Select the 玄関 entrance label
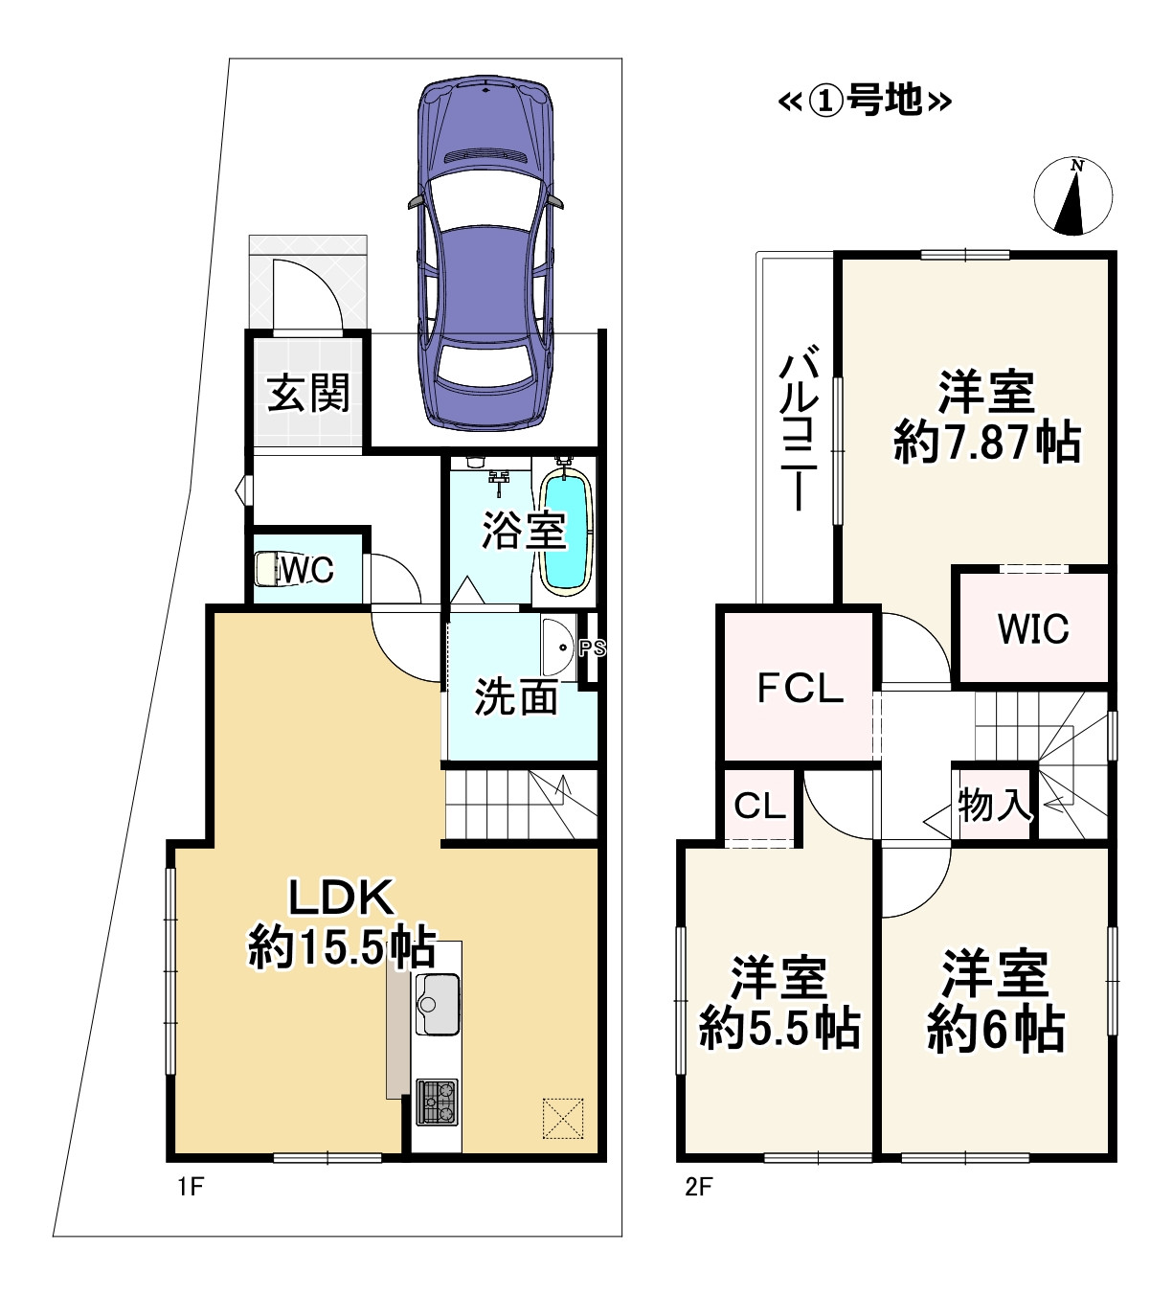click(x=308, y=393)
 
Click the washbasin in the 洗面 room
click(x=555, y=648)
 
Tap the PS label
click(x=593, y=648)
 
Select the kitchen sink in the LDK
click(x=438, y=1003)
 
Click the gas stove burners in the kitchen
click(x=437, y=1102)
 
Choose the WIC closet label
click(x=1033, y=629)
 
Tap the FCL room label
click(x=800, y=688)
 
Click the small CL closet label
click(x=759, y=807)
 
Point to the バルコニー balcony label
click(x=797, y=431)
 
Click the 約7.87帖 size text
click(x=986, y=443)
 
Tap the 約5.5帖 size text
click(x=779, y=1030)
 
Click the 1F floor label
click(x=190, y=1187)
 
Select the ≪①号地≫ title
click(x=865, y=100)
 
